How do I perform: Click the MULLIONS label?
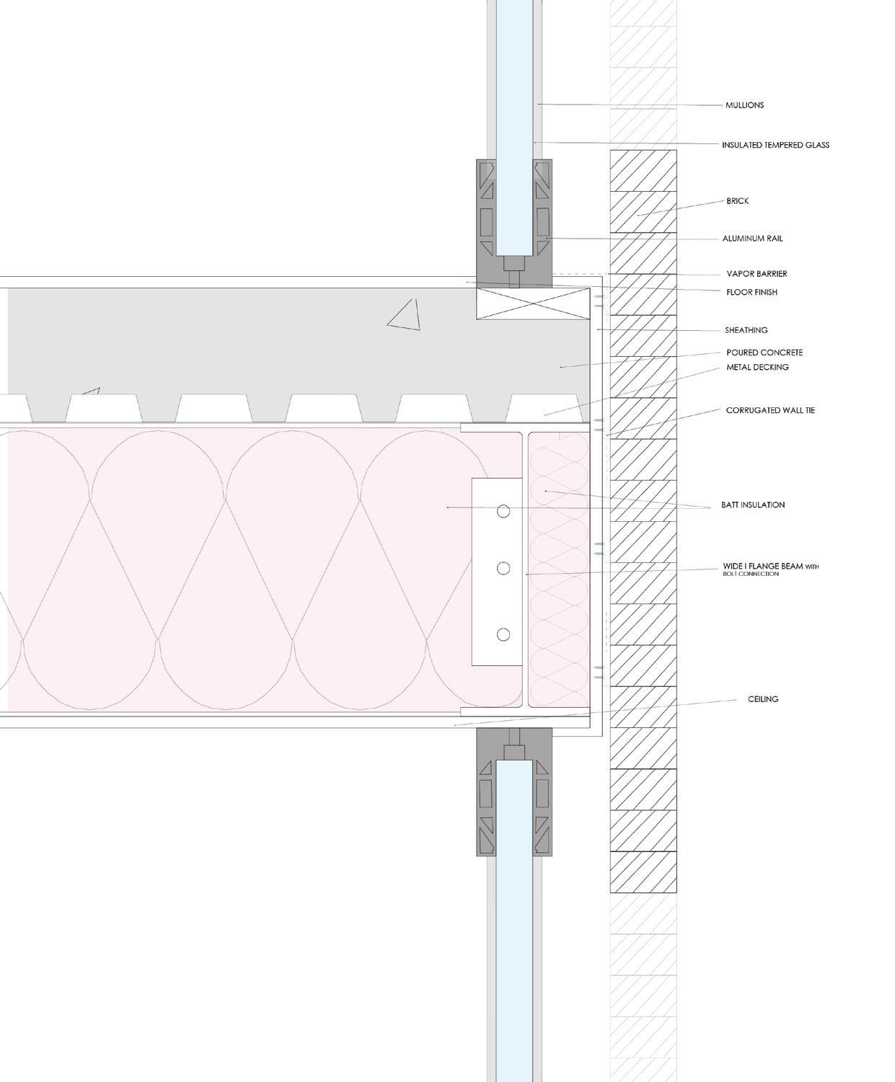coord(744,105)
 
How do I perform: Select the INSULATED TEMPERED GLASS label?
coord(775,145)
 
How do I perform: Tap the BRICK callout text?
coord(737,201)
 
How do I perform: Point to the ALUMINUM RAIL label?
coord(752,239)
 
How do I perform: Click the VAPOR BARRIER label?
coord(757,274)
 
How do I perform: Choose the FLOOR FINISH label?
coord(751,293)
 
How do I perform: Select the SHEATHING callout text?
coord(746,330)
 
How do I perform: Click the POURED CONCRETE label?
coord(764,352)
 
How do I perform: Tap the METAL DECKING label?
coord(757,368)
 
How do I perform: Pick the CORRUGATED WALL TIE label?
coord(770,410)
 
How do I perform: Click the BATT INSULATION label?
coord(753,505)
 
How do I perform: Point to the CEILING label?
coord(763,699)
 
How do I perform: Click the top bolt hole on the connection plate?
coord(503,511)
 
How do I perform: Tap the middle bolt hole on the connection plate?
coord(503,569)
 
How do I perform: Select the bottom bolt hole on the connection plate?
coord(503,634)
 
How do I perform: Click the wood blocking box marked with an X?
coord(534,304)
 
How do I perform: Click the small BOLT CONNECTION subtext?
coord(750,575)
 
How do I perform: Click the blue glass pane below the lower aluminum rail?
coord(514,937)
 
